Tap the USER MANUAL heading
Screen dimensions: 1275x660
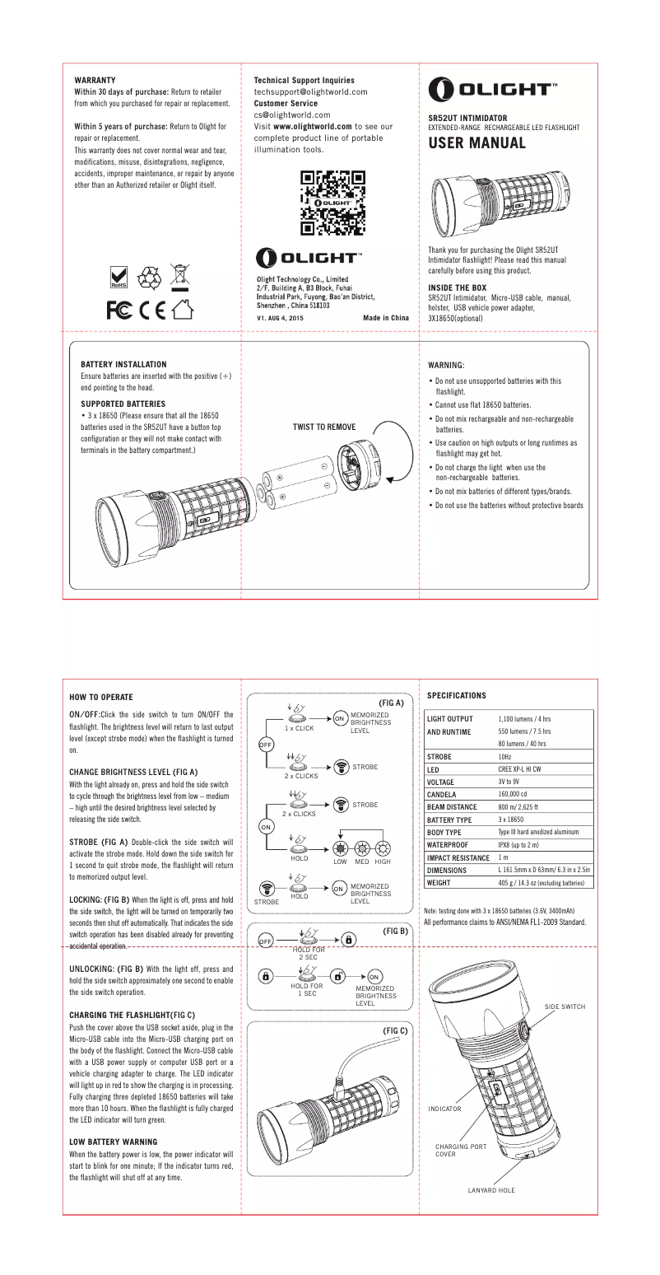[476, 143]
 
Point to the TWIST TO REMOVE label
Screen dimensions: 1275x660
[324, 427]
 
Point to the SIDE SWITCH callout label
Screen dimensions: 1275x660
[564, 1006]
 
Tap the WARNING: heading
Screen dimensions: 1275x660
[448, 364]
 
